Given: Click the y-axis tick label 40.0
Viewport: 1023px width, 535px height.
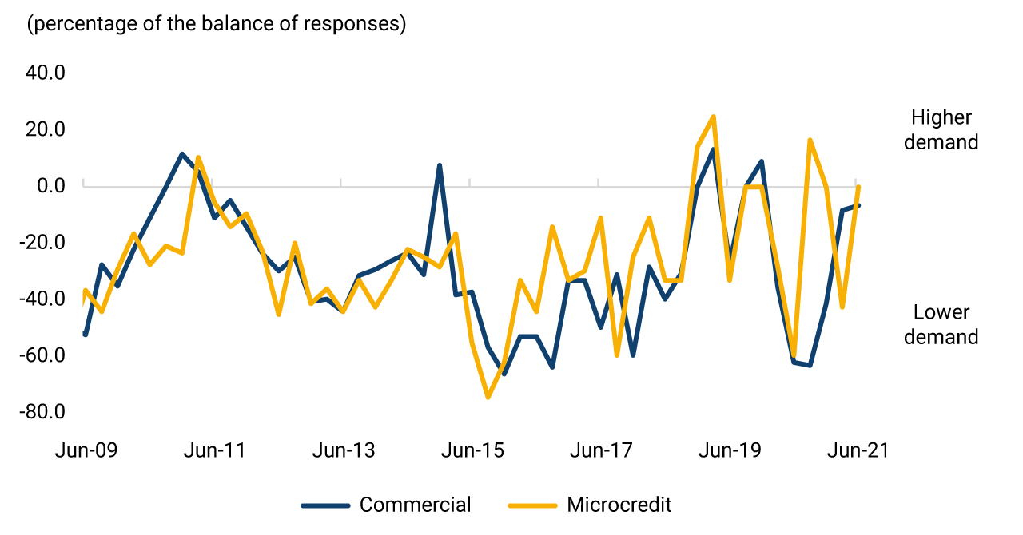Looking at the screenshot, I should tap(46, 73).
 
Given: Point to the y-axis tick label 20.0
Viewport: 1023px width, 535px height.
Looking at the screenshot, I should tap(46, 129).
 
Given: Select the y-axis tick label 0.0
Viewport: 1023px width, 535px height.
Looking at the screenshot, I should tap(51, 185).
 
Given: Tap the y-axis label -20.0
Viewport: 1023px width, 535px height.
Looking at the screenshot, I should tap(42, 242).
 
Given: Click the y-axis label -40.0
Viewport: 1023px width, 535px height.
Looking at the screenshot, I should tap(42, 299).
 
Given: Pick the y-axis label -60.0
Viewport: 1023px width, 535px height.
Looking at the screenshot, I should tap(42, 355).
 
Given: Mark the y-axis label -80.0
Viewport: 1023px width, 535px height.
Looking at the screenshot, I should tap(42, 411).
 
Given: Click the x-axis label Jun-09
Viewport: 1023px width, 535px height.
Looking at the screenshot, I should tap(86, 450).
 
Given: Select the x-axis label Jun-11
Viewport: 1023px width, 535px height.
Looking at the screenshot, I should tap(215, 450).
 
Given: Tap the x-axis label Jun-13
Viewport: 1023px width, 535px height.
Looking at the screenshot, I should tap(344, 450).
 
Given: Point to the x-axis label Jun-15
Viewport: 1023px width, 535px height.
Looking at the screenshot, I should tap(472, 450).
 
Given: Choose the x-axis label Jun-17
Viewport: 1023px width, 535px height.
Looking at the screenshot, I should tap(601, 450).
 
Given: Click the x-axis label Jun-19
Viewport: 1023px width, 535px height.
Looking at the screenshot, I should tap(730, 450).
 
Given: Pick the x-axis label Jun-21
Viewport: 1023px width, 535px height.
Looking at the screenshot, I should tap(858, 450).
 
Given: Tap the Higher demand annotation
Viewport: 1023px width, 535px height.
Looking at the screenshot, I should tap(941, 129).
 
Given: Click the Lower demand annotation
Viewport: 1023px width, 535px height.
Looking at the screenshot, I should tap(941, 324).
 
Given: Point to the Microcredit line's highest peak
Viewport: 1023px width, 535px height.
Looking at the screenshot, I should tap(713, 117).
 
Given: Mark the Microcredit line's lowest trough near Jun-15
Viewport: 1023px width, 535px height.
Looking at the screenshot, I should tap(488, 397).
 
